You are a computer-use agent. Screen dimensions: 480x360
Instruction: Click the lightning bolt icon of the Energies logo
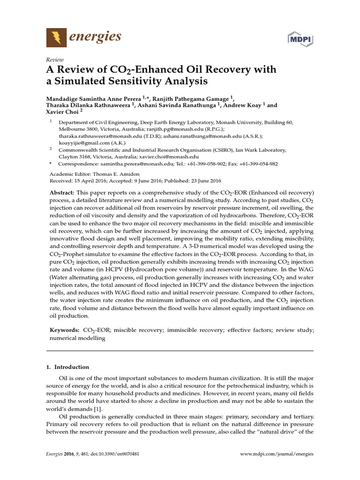(x=56, y=37)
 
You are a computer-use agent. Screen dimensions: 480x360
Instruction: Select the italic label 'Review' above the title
(x=54, y=60)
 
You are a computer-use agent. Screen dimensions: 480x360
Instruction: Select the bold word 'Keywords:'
(x=65, y=330)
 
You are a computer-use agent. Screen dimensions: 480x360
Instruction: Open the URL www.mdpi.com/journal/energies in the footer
(x=277, y=454)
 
